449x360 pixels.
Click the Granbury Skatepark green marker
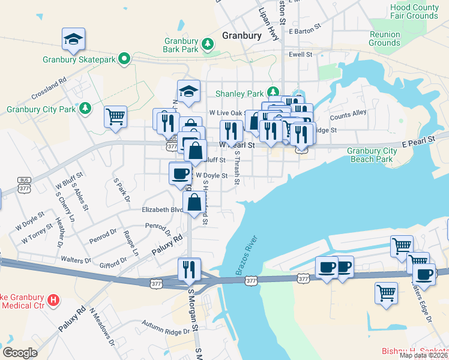click(124, 59)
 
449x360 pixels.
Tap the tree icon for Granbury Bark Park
click(208, 43)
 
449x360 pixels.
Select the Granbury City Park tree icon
click(86, 108)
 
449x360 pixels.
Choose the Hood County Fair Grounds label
click(414, 11)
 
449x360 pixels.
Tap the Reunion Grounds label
click(384, 38)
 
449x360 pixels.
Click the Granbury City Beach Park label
click(372, 155)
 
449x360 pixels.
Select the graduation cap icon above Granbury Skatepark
click(74, 40)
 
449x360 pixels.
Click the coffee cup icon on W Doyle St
click(180, 174)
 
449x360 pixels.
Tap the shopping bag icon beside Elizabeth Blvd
click(194, 204)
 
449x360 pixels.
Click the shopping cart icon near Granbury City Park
click(115, 117)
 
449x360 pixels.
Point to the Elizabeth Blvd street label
click(161, 210)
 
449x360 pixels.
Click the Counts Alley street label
click(348, 114)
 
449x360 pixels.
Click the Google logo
click(20, 352)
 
